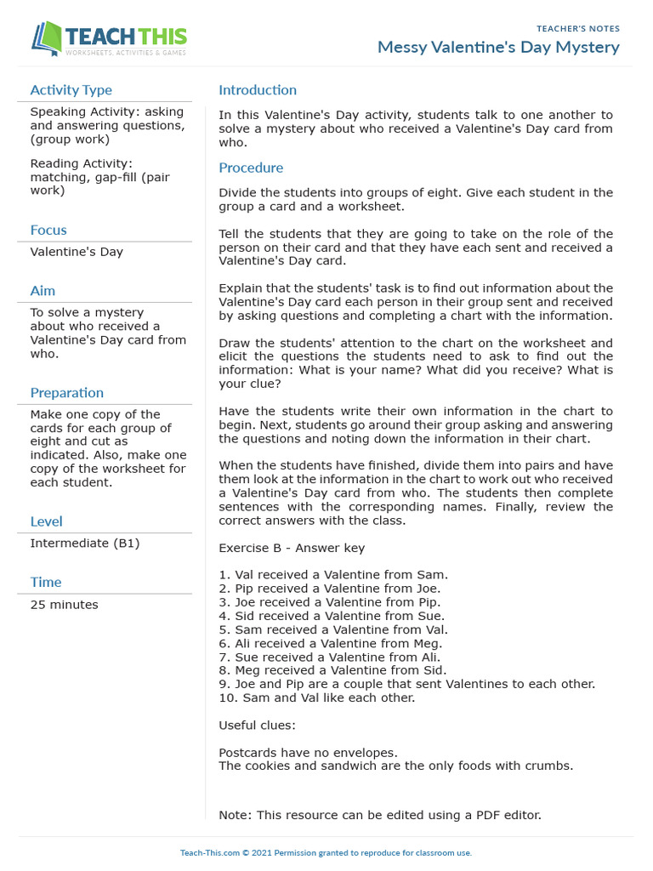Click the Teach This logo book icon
48,38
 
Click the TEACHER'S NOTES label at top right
578,29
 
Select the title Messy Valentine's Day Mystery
498,47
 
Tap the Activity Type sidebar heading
71,90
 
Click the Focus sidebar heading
48,230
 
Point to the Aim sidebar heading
43,291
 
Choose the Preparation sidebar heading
67,393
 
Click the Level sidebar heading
46,521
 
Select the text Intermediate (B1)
85,543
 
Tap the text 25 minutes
64,605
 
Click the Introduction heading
258,90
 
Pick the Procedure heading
251,168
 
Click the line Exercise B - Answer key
292,548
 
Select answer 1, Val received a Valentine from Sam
333,575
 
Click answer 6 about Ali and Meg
333,643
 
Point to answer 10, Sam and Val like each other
317,697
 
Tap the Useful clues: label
257,726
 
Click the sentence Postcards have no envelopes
308,753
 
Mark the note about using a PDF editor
379,815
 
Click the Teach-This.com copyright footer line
326,852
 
